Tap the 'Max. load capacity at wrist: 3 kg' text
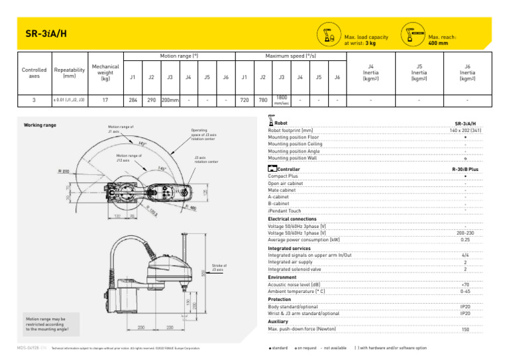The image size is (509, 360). point(366,40)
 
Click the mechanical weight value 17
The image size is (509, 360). point(105,101)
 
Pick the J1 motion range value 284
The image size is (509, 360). point(133,101)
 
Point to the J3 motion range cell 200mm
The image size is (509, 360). point(170,101)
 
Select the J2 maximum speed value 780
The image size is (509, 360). point(263,101)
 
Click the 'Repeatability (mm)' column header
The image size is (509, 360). point(70,72)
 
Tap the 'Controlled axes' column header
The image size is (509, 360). point(34,72)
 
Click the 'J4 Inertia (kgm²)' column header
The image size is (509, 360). point(371,72)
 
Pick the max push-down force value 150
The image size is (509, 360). point(465,329)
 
